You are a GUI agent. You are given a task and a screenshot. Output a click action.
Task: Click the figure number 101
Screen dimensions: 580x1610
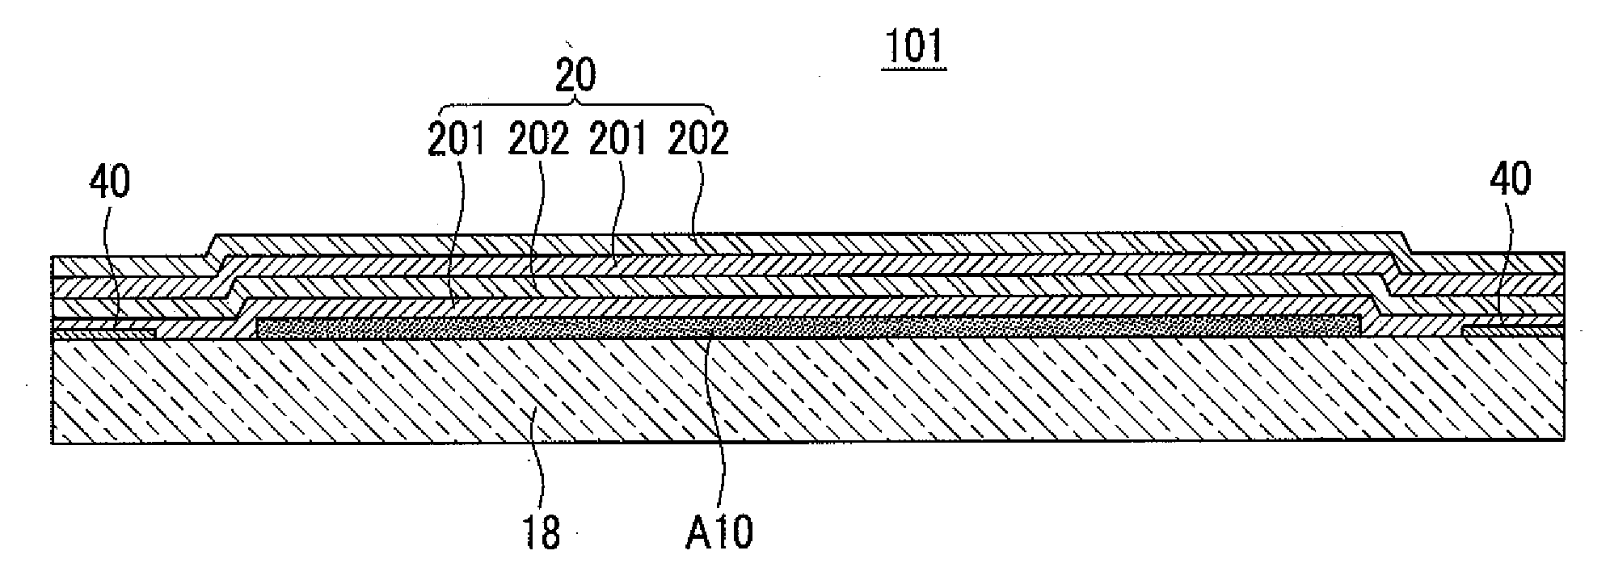pyautogui.click(x=913, y=47)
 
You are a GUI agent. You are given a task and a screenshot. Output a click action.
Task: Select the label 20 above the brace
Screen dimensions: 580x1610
pyautogui.click(x=575, y=75)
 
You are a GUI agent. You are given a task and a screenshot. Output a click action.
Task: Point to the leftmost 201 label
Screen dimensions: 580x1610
pyautogui.click(x=457, y=140)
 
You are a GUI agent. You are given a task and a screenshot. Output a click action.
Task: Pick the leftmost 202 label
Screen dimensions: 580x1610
pyautogui.click(x=537, y=140)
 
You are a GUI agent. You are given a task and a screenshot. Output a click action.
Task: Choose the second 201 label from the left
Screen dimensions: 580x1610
pyautogui.click(x=618, y=140)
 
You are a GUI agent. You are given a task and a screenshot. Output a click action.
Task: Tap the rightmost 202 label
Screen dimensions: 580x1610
pyautogui.click(x=699, y=140)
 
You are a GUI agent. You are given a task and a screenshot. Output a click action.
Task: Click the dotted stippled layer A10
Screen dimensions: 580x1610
pyautogui.click(x=808, y=326)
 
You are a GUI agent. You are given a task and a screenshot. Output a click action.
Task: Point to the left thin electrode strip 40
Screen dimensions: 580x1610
pyautogui.click(x=103, y=331)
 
